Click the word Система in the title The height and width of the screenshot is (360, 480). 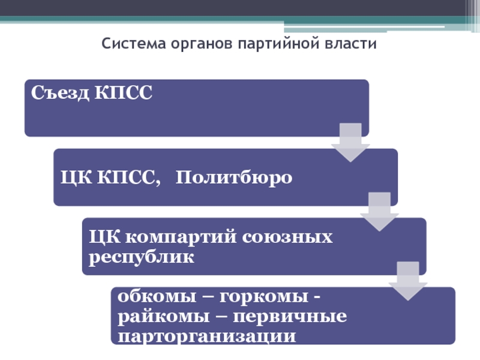(129, 44)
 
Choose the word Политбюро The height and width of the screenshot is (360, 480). (235, 178)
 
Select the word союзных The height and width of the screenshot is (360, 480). (287, 238)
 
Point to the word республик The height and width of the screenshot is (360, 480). (142, 258)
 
